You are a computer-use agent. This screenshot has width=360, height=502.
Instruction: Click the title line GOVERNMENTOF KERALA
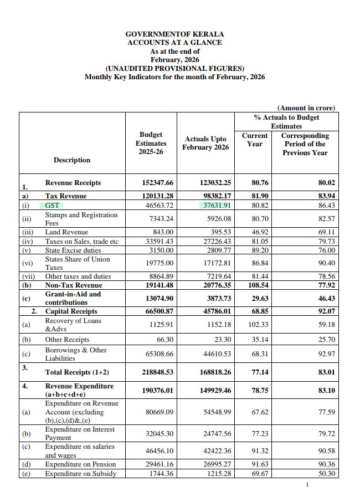coord(174,34)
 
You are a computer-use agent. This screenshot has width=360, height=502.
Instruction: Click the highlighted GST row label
coord(53,205)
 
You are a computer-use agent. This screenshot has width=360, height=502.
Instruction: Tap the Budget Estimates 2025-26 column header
coord(151,143)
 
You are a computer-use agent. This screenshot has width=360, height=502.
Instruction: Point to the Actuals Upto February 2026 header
coord(206,143)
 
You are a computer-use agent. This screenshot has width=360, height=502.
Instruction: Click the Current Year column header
coord(255,139)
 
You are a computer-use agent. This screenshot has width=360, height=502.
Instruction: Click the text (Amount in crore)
coord(306,108)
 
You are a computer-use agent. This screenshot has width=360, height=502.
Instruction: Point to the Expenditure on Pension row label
coord(80,464)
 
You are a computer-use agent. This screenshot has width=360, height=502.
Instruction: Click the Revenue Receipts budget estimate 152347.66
coord(151,183)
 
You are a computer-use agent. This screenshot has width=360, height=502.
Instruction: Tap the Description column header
coord(71,160)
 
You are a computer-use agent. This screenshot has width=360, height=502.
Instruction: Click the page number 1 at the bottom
coord(307,485)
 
